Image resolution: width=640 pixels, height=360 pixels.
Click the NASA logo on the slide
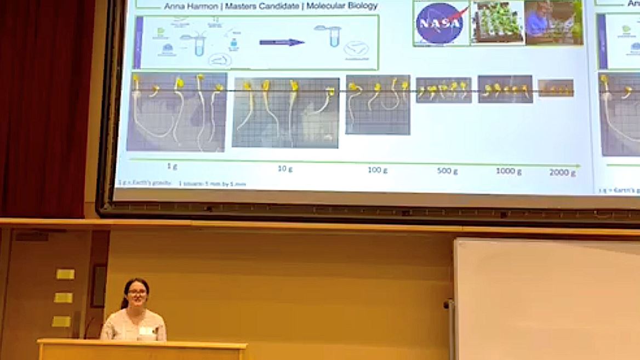441,23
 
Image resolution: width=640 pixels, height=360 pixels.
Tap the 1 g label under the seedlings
172,165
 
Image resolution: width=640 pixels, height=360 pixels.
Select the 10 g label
285,168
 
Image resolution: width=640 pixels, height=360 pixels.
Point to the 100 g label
378,170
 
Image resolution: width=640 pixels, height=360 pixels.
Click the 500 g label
447,171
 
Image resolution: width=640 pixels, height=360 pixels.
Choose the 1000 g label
508,171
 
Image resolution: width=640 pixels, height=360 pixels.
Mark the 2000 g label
563,173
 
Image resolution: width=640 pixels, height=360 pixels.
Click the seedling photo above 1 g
176,112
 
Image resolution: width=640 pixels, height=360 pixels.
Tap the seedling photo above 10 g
285,112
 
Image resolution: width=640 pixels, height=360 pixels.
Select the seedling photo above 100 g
378,105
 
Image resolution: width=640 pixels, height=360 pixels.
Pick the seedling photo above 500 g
443,90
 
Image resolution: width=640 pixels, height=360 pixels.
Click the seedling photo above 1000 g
505,89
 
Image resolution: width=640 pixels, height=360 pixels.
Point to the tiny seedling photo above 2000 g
556,88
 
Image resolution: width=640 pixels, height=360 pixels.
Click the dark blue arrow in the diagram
282,42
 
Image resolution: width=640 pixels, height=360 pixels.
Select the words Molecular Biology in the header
342,6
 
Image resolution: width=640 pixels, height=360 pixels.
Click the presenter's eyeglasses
136,293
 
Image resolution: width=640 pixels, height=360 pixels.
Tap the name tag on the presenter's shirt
145,330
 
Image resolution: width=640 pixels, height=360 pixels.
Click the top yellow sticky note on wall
65,274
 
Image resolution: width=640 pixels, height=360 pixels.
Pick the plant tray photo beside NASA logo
497,23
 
